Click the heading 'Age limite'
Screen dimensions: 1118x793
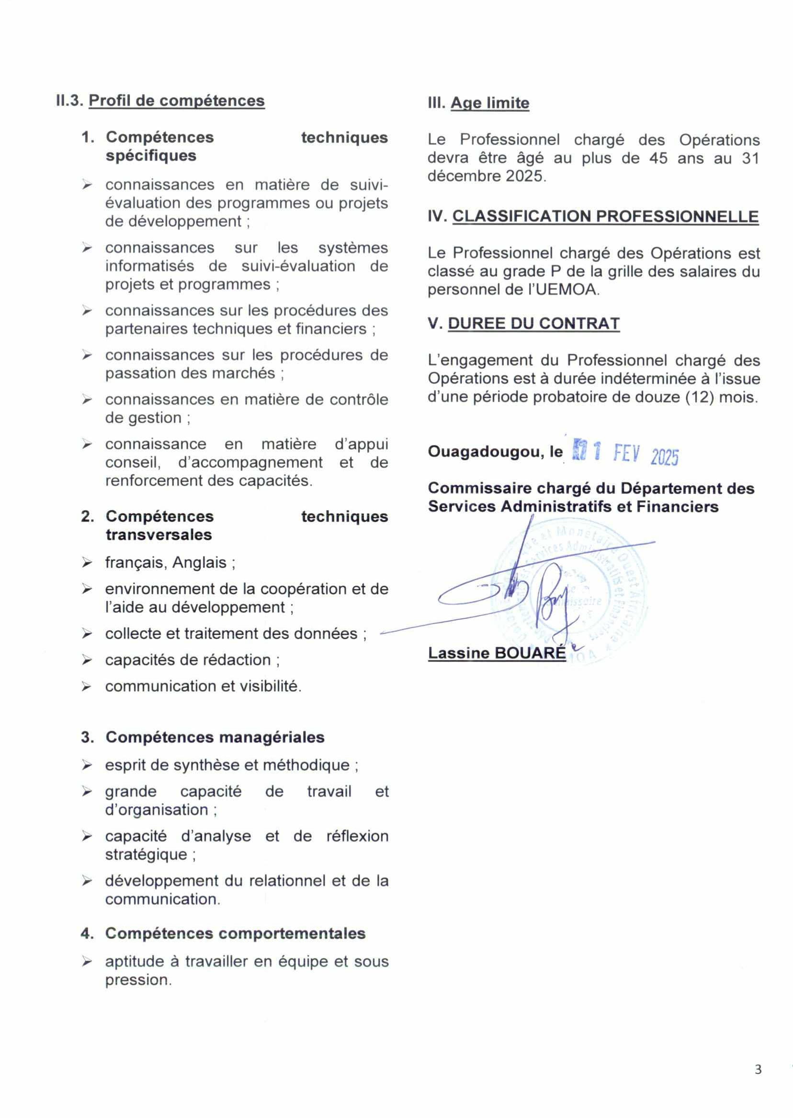point(489,103)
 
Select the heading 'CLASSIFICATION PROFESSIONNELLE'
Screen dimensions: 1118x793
point(605,217)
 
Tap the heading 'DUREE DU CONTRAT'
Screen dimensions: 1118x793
point(534,323)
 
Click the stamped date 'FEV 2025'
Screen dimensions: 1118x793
point(646,455)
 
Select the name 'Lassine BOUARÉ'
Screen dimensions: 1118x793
point(497,653)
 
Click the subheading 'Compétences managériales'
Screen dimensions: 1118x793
point(215,737)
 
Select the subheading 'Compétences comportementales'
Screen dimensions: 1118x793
point(235,934)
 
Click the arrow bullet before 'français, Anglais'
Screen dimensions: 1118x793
point(87,563)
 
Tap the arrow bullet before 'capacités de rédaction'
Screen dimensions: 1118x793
point(87,661)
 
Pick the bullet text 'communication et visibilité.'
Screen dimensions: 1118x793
point(203,686)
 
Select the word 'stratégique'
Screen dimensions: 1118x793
point(146,854)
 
